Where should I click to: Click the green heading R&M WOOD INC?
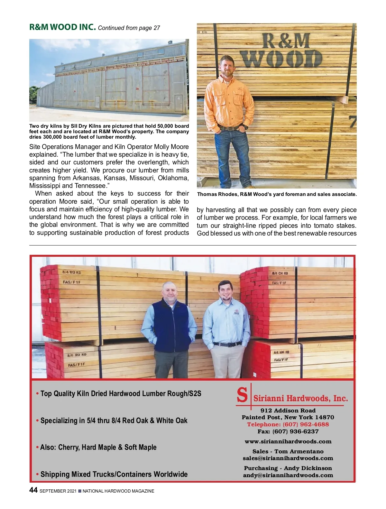[62, 27]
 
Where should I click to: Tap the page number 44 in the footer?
[33, 490]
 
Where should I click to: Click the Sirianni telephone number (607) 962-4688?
[288, 424]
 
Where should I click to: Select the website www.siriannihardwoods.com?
[288, 441]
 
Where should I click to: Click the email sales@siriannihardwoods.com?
[288, 458]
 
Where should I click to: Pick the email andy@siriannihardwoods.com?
[288, 475]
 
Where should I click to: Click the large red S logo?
[242, 395]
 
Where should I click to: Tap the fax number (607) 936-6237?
[288, 431]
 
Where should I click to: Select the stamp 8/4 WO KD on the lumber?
[71, 272]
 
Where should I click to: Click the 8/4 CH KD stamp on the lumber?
[280, 273]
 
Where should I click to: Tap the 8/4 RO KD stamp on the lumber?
[77, 355]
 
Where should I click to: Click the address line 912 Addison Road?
[288, 411]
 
